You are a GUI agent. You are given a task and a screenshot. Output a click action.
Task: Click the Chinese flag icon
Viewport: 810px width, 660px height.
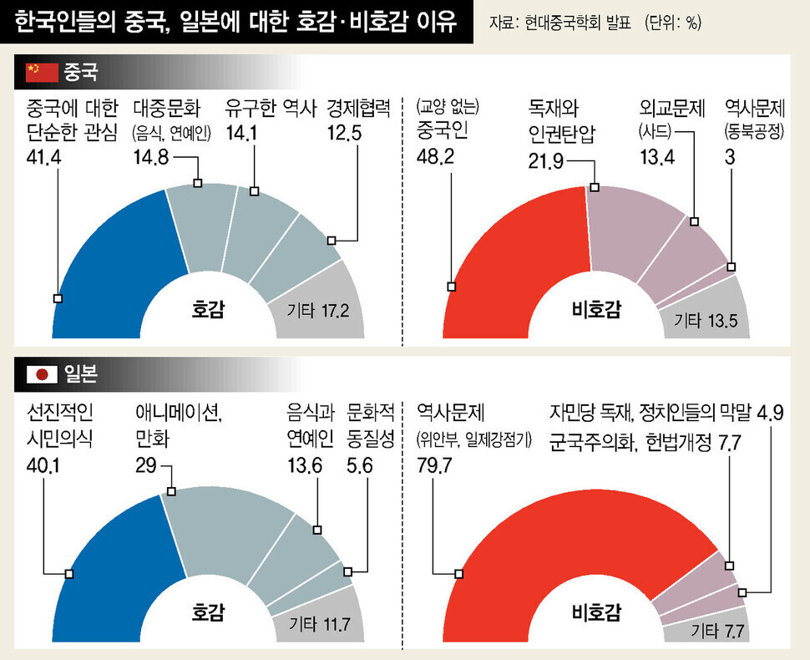(42, 73)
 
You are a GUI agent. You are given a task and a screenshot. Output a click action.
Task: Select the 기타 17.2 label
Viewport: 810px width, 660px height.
(317, 312)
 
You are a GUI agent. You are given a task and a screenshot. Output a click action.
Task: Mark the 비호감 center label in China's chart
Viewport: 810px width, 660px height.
(596, 310)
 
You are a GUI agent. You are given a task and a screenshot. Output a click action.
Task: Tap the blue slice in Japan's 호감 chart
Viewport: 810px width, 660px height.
(117, 551)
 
